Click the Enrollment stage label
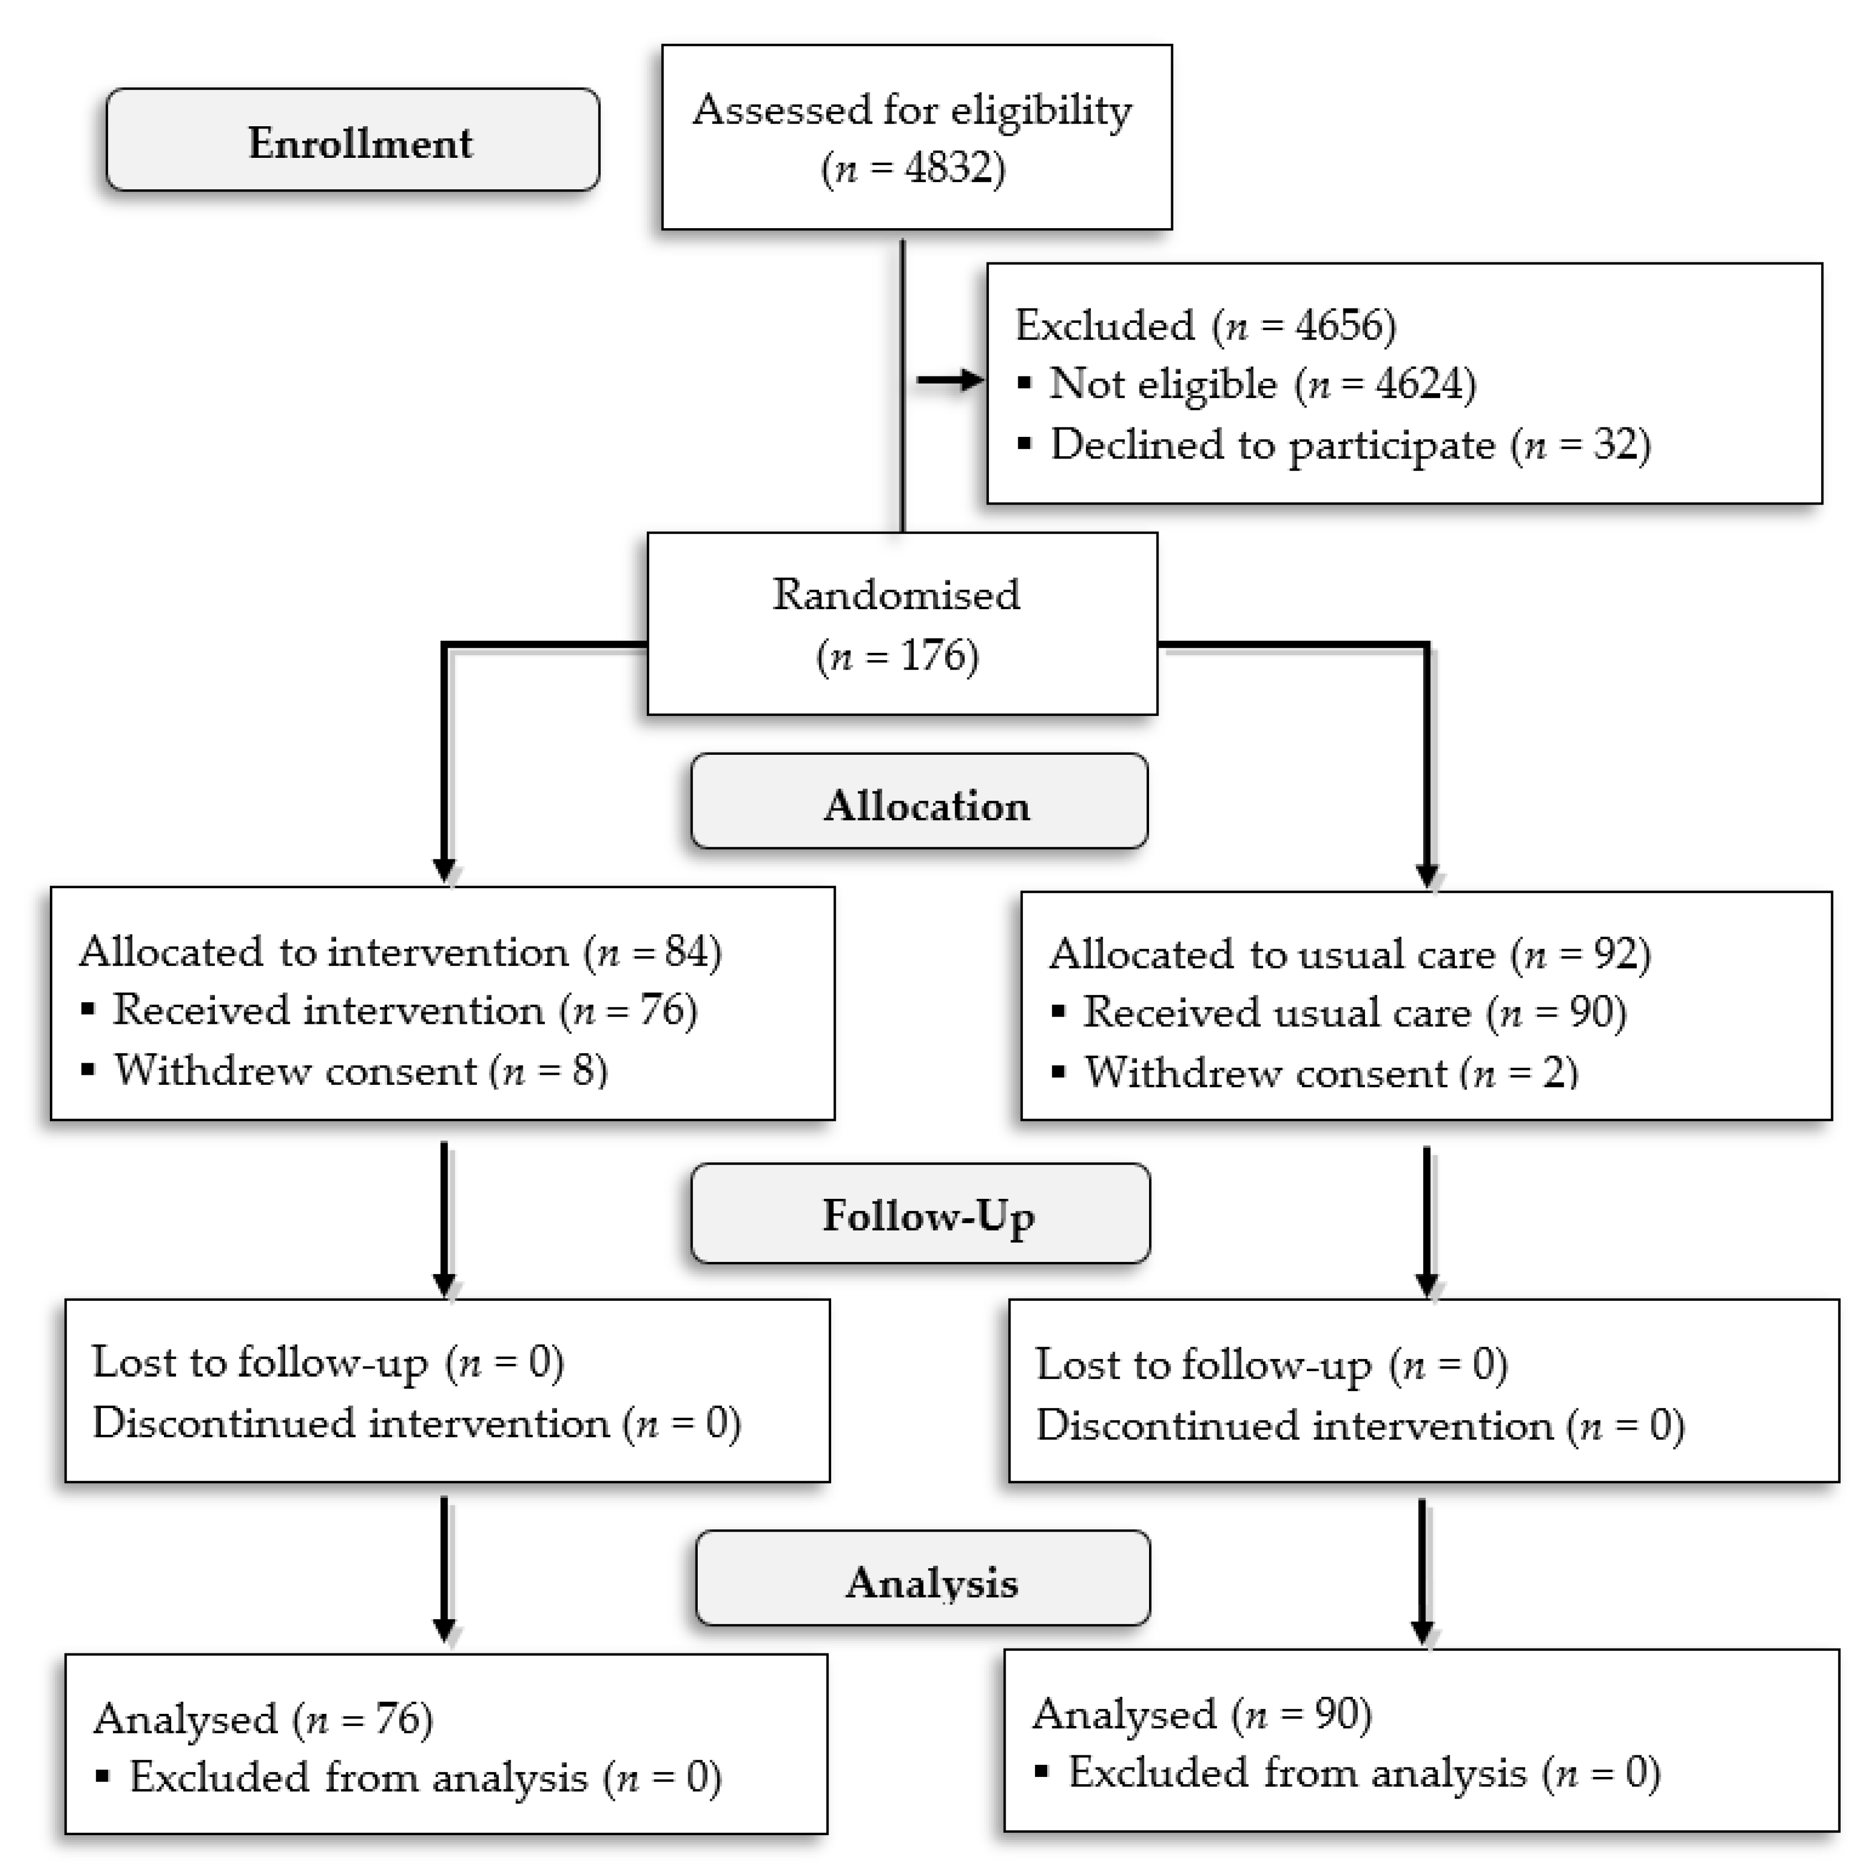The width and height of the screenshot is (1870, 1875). [x=359, y=143]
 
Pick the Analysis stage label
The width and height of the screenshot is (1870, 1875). [x=931, y=1583]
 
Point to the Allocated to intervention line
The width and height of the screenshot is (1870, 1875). [x=400, y=952]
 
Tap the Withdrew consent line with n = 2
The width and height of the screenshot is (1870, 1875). [x=1330, y=1073]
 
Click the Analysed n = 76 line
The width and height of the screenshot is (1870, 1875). [x=262, y=1719]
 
